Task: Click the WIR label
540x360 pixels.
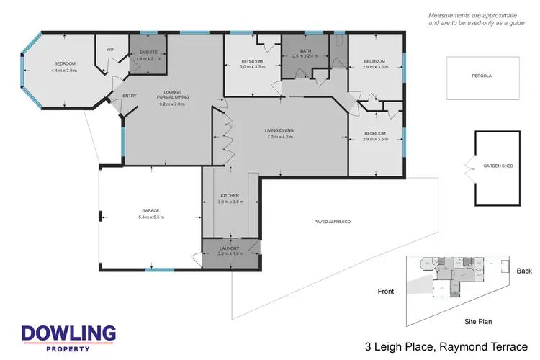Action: (111, 49)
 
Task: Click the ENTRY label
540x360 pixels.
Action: (130, 96)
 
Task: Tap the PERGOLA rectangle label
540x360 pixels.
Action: (482, 74)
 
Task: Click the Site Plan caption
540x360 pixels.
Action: (477, 322)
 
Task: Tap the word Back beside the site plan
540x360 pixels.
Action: (524, 271)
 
